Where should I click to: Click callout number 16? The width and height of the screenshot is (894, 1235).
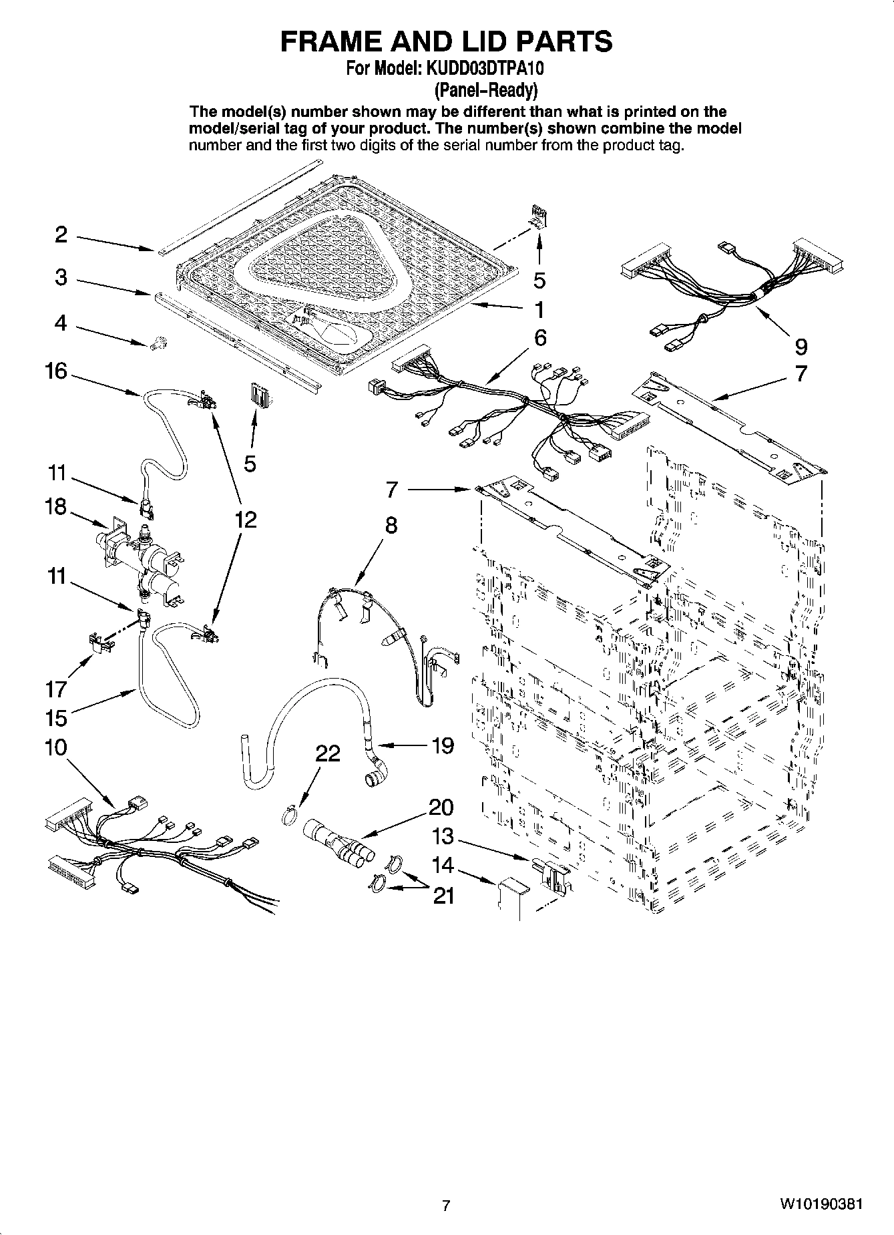point(56,371)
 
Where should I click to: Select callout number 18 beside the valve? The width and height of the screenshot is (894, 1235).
point(56,507)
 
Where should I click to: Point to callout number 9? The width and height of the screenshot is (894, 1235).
point(801,346)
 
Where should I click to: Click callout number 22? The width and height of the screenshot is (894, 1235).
point(328,754)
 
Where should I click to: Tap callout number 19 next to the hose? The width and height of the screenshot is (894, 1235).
point(443,745)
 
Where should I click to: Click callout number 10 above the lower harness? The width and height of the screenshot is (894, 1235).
point(56,747)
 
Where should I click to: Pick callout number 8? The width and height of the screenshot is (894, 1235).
point(391,526)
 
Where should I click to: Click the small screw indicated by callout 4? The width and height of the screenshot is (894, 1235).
point(159,343)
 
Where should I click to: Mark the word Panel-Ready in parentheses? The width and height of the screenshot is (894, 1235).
point(485,90)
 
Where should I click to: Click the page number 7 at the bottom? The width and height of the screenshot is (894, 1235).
point(446,1206)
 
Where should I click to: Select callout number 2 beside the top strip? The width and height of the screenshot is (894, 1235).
point(61,234)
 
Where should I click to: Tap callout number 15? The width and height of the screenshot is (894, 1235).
point(56,719)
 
